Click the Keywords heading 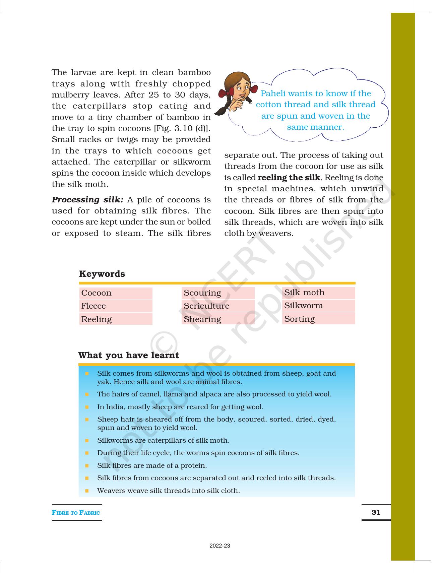click(x=102, y=274)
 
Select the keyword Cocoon click(x=97, y=293)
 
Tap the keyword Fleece click(x=93, y=306)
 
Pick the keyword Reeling click(x=97, y=319)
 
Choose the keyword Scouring click(x=202, y=293)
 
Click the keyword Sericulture click(x=206, y=306)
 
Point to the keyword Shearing click(x=202, y=319)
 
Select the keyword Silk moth click(x=304, y=293)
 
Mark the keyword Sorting click(x=300, y=319)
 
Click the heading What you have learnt click(x=129, y=355)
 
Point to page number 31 click(x=376, y=512)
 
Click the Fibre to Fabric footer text click(x=76, y=512)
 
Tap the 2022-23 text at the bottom click(x=220, y=546)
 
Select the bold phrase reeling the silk click(x=289, y=178)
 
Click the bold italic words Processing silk click(x=87, y=200)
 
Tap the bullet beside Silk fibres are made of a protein click(x=87, y=465)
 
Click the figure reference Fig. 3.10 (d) click(x=182, y=128)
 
